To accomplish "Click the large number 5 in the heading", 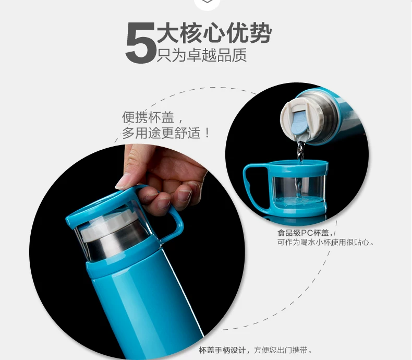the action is [141, 43].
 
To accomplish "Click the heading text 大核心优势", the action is [214, 33].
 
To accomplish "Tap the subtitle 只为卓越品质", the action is [202, 55].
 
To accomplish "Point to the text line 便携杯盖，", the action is [152, 117].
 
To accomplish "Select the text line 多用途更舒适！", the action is [166, 133].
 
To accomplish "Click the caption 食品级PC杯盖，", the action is [305, 233].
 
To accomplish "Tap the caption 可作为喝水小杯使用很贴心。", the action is [326, 242].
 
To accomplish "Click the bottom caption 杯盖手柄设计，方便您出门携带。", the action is [256, 350].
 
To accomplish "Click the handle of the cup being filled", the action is [249, 184].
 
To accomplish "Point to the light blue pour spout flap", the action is [300, 123].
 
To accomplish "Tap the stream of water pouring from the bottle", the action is [300, 168].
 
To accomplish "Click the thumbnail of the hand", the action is [123, 182].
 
